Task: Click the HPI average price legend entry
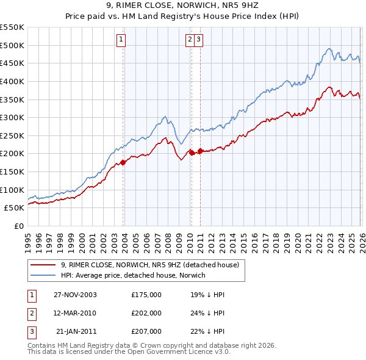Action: coord(133,275)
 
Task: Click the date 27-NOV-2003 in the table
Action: coord(75,295)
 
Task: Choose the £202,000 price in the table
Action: coord(146,313)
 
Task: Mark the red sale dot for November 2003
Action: coord(123,162)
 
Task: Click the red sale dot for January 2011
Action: coord(200,151)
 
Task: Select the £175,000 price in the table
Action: coord(146,295)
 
